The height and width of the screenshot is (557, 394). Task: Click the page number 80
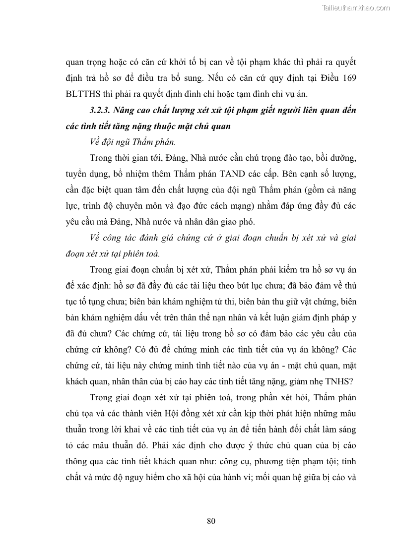point(210,521)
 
